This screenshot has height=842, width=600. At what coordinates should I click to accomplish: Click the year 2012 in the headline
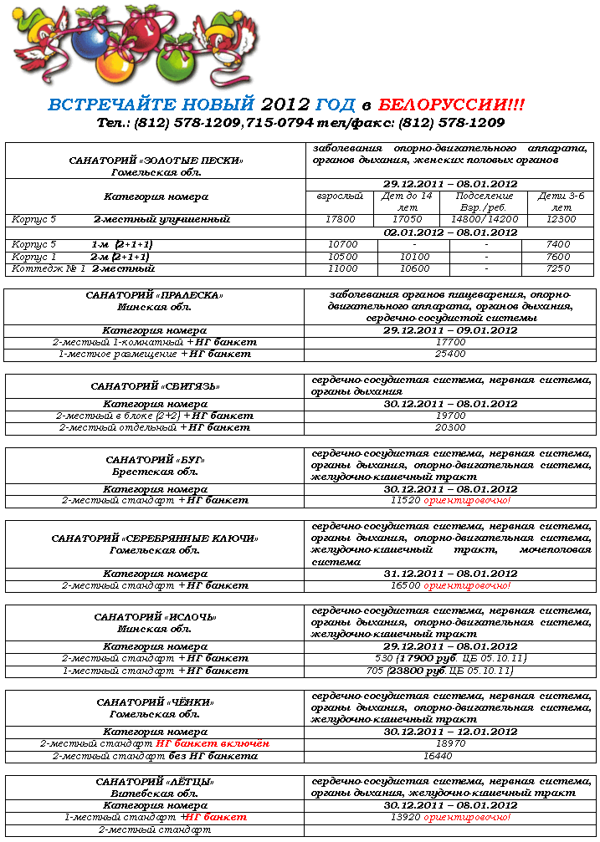tap(285, 105)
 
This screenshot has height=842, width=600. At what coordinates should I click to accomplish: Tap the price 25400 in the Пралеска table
tap(450, 354)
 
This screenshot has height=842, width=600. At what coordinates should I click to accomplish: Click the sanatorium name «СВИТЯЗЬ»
tap(155, 386)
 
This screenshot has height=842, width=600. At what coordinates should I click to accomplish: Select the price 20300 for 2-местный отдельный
tap(450, 427)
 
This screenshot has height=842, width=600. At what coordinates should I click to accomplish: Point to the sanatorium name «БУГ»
tap(155, 460)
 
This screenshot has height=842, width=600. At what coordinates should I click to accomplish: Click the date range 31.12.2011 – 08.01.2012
tap(450, 574)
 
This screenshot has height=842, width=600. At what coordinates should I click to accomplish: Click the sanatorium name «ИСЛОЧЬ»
tap(155, 617)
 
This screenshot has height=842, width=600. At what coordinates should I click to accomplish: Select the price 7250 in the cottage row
tap(556, 269)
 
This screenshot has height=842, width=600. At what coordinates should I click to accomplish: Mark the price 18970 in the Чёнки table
tap(450, 743)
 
